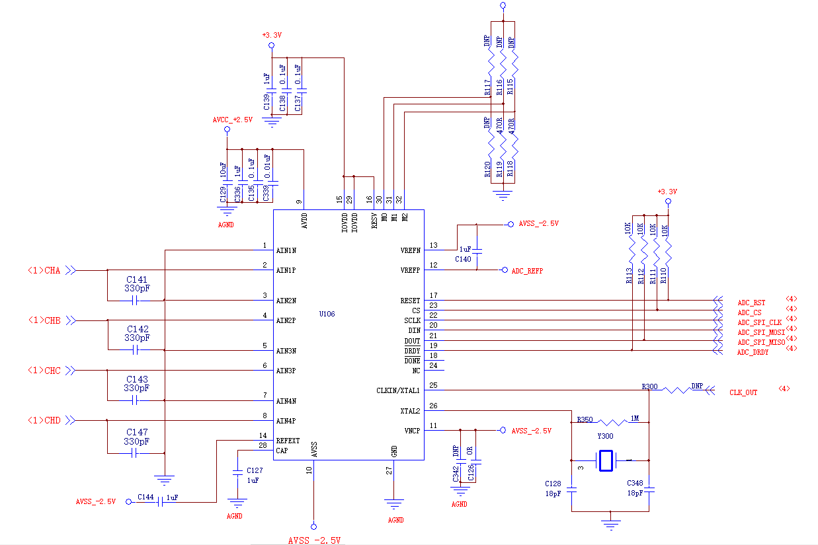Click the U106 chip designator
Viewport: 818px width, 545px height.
pos(327,314)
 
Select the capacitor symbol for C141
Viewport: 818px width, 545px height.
pos(136,301)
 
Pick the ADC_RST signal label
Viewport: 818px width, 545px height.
pos(751,303)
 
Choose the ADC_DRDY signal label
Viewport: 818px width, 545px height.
pos(753,353)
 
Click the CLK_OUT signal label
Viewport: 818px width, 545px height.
pos(743,392)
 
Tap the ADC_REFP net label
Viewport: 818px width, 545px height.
pos(527,271)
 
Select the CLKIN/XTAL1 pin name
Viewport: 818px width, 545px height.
pos(398,391)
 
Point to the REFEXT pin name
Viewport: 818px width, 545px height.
pos(288,441)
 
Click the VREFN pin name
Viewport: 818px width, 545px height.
pos(410,251)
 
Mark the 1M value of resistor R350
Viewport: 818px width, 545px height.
pos(634,419)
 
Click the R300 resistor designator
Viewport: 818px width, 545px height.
pos(649,386)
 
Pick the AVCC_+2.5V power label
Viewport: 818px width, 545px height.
pos(232,120)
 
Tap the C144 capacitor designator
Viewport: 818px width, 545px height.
pos(145,497)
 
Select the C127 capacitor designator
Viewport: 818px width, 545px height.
pos(255,470)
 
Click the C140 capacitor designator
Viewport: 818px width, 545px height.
pos(463,260)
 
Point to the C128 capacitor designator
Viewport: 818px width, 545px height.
pos(553,484)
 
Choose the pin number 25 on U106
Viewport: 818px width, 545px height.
pos(433,385)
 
